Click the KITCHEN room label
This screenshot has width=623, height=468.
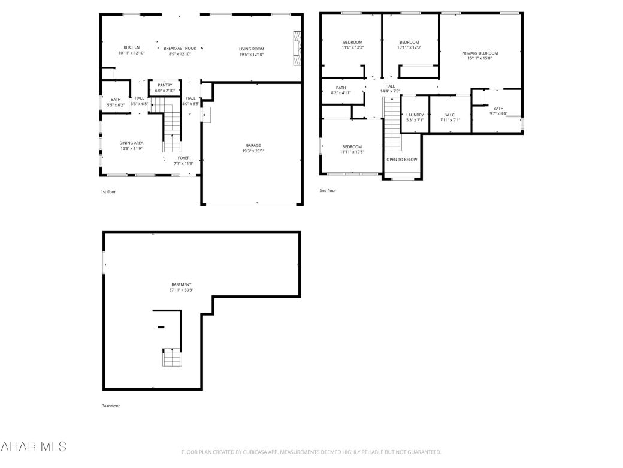click(x=132, y=47)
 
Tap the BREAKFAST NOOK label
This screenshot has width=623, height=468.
click(x=180, y=48)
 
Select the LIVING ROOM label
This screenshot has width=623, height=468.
click(x=252, y=49)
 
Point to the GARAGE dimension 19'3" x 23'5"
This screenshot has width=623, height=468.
click(x=253, y=151)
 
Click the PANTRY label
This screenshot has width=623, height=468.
click(x=165, y=85)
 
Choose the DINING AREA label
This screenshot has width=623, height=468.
click(x=131, y=143)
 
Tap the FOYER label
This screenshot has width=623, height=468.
click(x=183, y=158)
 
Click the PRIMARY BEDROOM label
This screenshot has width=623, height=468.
click(x=479, y=53)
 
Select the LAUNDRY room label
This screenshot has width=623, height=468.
click(x=415, y=115)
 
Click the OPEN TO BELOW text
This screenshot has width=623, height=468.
click(x=401, y=160)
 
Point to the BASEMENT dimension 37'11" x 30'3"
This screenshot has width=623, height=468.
click(x=181, y=290)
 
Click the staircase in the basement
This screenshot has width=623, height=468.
click(x=172, y=358)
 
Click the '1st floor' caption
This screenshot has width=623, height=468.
click(x=108, y=191)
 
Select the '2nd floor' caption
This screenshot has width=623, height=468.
click(x=328, y=191)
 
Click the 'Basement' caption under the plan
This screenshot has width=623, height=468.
click(x=110, y=406)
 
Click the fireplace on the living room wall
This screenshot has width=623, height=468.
click(x=296, y=48)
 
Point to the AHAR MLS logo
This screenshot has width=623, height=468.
click(x=34, y=446)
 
